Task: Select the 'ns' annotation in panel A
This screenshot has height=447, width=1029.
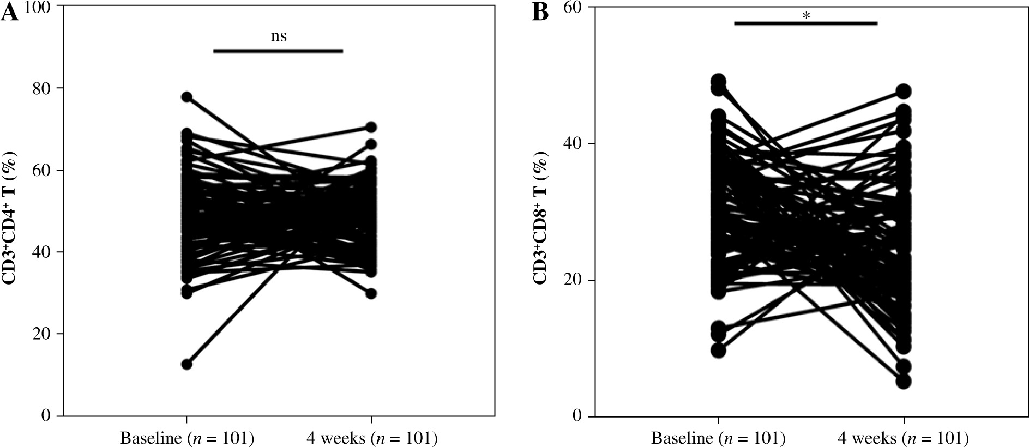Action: point(279,37)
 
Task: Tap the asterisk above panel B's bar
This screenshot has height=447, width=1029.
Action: point(806,16)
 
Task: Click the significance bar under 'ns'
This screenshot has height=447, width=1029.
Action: point(278,51)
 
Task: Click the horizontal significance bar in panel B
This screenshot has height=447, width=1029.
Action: point(805,23)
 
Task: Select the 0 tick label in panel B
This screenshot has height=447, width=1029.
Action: point(577,416)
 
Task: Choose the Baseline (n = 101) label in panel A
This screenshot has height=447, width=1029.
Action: point(187,438)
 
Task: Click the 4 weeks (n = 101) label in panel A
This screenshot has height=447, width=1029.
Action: point(371,438)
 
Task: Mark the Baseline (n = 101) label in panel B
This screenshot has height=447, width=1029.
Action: point(719,438)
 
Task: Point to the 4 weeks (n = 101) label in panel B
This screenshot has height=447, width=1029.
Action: point(904,438)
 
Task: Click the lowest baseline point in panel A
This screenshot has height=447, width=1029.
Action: point(187,364)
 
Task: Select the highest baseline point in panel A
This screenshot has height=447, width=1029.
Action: point(187,97)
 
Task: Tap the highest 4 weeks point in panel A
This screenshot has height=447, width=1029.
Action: point(371,127)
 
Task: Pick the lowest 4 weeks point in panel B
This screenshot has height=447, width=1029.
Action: point(904,381)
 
